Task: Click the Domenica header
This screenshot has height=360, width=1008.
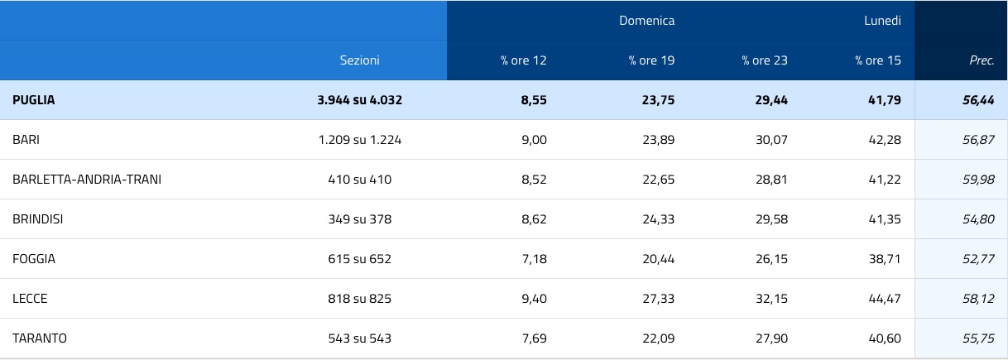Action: tap(646, 21)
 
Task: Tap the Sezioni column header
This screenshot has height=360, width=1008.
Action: tap(360, 60)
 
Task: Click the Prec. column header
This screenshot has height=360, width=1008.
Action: tap(982, 60)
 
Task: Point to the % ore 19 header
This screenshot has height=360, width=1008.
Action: tap(651, 60)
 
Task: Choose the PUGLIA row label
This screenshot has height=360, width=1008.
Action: tap(34, 100)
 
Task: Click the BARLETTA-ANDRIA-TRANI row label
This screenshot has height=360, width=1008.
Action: tap(87, 180)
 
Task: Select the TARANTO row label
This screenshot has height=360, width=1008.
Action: tap(40, 338)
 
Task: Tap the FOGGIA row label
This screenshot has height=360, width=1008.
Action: tap(34, 259)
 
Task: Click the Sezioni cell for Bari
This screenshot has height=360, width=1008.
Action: tap(360, 140)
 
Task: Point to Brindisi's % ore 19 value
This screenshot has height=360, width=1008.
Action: tap(659, 219)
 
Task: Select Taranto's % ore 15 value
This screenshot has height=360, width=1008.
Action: tap(885, 338)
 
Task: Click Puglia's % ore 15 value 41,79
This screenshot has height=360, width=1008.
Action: tap(885, 100)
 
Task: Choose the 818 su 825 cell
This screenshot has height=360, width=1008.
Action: tap(360, 299)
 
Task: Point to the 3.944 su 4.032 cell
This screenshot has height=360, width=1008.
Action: tap(360, 100)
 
